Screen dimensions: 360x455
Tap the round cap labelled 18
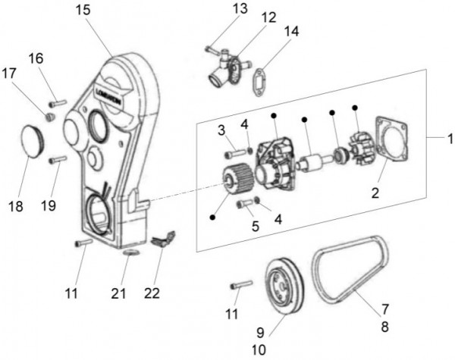point(35,141)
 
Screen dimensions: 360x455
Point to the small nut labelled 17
point(50,116)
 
